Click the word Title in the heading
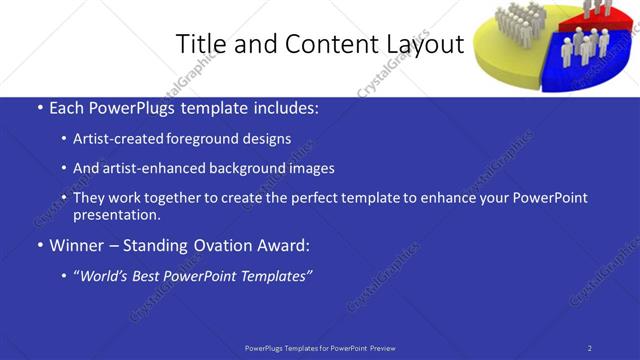click(199, 44)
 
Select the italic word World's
click(107, 275)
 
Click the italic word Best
click(152, 275)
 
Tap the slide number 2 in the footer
click(589, 347)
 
